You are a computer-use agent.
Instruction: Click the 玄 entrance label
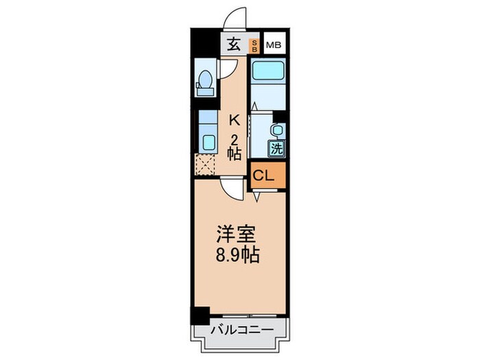(234, 45)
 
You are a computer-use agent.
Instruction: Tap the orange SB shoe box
(253, 45)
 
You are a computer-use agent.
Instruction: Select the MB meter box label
(274, 45)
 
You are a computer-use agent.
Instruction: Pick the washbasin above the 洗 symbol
(276, 130)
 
